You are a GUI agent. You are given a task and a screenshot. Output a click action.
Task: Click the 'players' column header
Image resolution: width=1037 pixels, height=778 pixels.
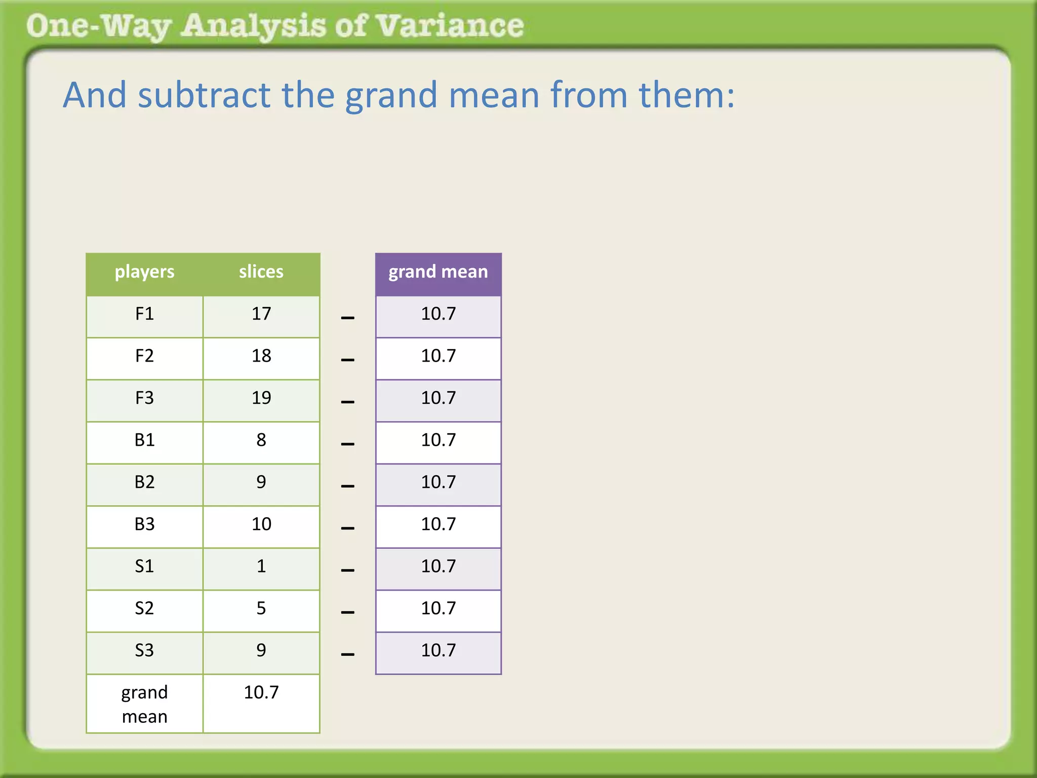click(x=144, y=272)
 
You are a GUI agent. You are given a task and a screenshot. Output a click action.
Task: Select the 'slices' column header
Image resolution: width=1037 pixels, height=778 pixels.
click(x=261, y=272)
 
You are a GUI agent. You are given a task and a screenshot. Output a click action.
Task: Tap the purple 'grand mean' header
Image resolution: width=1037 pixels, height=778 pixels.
click(x=438, y=272)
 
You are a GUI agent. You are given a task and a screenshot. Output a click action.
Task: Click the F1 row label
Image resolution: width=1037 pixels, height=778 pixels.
click(x=144, y=314)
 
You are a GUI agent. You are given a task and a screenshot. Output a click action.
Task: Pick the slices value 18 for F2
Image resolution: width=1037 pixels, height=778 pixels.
click(x=261, y=356)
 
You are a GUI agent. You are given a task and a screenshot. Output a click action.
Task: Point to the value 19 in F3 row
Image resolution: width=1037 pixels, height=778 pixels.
click(x=261, y=398)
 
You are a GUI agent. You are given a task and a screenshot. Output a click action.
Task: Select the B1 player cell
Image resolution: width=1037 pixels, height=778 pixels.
click(x=144, y=440)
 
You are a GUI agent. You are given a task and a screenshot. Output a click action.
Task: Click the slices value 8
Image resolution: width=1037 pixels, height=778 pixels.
click(x=261, y=440)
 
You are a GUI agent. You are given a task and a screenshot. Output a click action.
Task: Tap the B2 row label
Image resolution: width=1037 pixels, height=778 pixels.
click(x=144, y=482)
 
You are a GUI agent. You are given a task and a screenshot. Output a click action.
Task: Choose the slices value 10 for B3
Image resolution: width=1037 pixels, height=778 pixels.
click(x=261, y=524)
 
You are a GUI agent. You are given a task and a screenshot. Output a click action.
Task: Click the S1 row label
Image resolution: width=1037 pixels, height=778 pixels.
click(x=144, y=566)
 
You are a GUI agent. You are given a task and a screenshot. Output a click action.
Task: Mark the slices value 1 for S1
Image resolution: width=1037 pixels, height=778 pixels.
click(x=261, y=566)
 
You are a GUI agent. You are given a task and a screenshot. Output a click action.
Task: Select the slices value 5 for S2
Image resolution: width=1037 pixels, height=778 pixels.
click(x=261, y=608)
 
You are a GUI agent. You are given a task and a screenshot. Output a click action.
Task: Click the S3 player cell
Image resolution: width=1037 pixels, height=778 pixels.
click(x=144, y=650)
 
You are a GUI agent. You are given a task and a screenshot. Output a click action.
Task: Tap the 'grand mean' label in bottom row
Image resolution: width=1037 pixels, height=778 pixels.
click(x=144, y=705)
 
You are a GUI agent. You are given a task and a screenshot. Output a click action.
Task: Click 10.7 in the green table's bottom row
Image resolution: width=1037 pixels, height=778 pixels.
click(x=261, y=692)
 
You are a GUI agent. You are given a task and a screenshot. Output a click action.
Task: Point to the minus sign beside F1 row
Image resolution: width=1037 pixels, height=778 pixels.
click(x=348, y=318)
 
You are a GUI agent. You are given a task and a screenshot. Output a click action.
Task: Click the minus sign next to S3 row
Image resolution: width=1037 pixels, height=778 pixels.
click(x=348, y=654)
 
